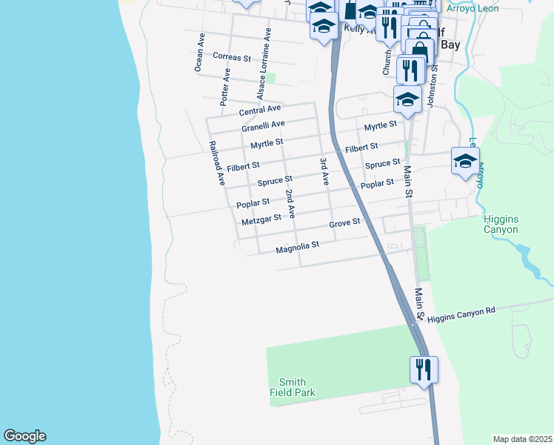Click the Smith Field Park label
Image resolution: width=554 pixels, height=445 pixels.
coord(293,387)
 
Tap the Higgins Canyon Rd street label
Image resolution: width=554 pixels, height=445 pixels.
coord(461,313)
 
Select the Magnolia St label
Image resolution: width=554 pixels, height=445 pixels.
coord(297,245)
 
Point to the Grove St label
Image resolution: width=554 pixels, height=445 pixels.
coord(344,222)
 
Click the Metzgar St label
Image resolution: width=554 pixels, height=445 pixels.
coord(261,219)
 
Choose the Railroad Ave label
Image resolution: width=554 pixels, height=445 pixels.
coord(216,162)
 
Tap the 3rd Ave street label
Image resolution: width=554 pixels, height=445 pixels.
coord(324,171)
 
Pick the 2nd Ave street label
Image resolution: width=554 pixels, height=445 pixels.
coord(291,203)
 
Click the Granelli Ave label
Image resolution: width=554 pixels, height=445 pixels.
coord(263,126)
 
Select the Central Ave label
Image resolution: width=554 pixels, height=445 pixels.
coord(260,111)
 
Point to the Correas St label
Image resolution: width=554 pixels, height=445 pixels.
coord(232,56)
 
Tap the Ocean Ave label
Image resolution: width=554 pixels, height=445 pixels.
coord(199,52)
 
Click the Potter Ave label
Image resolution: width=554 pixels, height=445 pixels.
coord(224,86)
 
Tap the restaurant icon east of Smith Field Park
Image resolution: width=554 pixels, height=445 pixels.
coord(424,369)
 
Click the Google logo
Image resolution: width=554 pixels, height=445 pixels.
coord(24,436)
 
